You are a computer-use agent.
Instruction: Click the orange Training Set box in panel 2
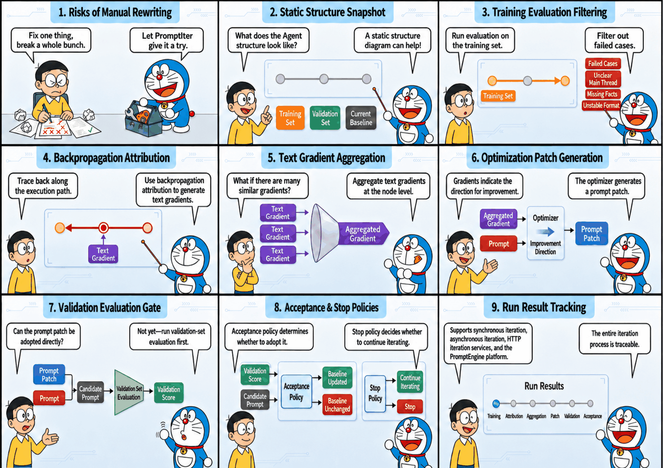point(290,118)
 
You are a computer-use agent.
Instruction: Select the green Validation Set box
point(325,118)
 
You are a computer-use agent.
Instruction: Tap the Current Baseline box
point(361,118)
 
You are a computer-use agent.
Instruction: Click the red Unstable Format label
point(601,105)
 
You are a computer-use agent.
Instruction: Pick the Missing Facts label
point(602,94)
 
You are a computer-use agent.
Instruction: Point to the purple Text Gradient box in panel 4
point(103,254)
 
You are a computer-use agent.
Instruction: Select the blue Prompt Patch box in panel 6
point(592,234)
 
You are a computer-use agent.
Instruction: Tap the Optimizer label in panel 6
point(545,218)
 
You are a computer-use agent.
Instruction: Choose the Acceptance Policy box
point(296,391)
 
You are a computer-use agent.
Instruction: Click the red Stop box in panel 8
point(410,407)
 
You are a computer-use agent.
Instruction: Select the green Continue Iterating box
point(410,382)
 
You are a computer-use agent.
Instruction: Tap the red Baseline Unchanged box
point(337,405)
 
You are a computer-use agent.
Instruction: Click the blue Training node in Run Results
point(496,403)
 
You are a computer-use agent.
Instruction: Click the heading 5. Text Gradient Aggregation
point(326,158)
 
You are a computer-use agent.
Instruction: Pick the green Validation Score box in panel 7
point(168,393)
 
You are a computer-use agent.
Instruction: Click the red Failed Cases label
point(603,63)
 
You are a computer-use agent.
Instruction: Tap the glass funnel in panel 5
point(324,233)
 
